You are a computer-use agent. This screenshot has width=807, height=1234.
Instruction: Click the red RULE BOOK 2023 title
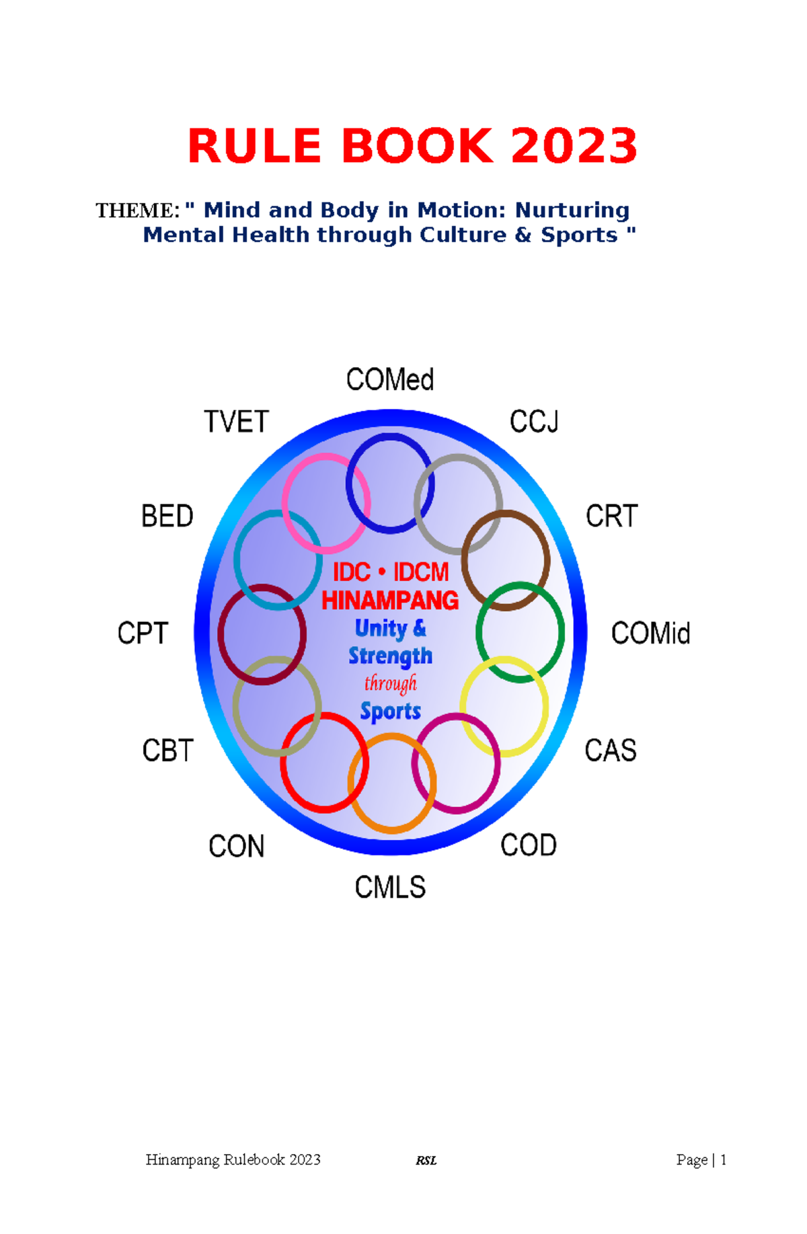tap(412, 146)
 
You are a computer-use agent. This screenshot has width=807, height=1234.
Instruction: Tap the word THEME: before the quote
tap(137, 210)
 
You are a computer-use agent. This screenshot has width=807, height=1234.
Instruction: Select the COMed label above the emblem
tap(389, 380)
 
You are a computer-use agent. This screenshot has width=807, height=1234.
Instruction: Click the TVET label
tap(236, 422)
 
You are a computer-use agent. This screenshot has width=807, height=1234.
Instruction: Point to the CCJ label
tap(534, 422)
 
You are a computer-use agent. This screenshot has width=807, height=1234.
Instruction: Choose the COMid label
tap(650, 633)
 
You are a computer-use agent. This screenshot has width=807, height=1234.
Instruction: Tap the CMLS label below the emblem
tap(390, 888)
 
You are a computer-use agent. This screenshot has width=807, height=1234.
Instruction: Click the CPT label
tap(142, 633)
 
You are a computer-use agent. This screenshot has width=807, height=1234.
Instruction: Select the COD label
tap(528, 846)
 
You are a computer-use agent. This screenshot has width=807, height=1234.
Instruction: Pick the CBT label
tap(167, 750)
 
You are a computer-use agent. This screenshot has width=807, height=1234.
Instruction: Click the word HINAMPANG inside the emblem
tap(390, 600)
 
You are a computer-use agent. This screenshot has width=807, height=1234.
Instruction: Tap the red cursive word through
tap(390, 683)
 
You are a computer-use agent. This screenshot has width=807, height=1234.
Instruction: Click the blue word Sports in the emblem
tap(390, 711)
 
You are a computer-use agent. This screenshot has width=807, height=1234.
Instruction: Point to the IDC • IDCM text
tap(390, 572)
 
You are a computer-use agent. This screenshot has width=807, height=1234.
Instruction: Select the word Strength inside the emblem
tap(390, 656)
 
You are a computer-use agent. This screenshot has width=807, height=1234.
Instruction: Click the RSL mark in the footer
tap(426, 1161)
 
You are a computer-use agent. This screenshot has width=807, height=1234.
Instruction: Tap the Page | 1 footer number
tap(701, 1160)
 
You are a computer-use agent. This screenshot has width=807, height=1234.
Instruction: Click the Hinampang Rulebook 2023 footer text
tap(233, 1160)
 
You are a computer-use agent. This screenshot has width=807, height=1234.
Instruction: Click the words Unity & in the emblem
tap(390, 628)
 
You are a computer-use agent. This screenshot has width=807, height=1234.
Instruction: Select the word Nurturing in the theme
tap(572, 210)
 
